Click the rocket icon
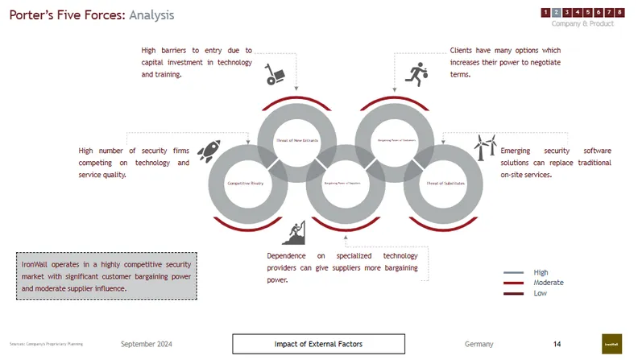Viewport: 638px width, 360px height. coord(209,149)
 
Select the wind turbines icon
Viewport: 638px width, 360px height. coord(486,147)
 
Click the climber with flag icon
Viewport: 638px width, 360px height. coord(296,233)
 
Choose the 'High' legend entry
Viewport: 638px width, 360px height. coord(541,272)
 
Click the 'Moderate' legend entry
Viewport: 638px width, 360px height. coord(548,283)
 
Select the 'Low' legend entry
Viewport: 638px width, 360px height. coord(540,293)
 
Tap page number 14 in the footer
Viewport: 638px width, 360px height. coord(557,344)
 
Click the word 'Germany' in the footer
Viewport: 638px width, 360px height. coord(478,344)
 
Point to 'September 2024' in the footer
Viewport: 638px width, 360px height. coord(146,344)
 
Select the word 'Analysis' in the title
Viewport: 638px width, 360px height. coord(151,15)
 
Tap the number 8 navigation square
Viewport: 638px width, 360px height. coord(620,12)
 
